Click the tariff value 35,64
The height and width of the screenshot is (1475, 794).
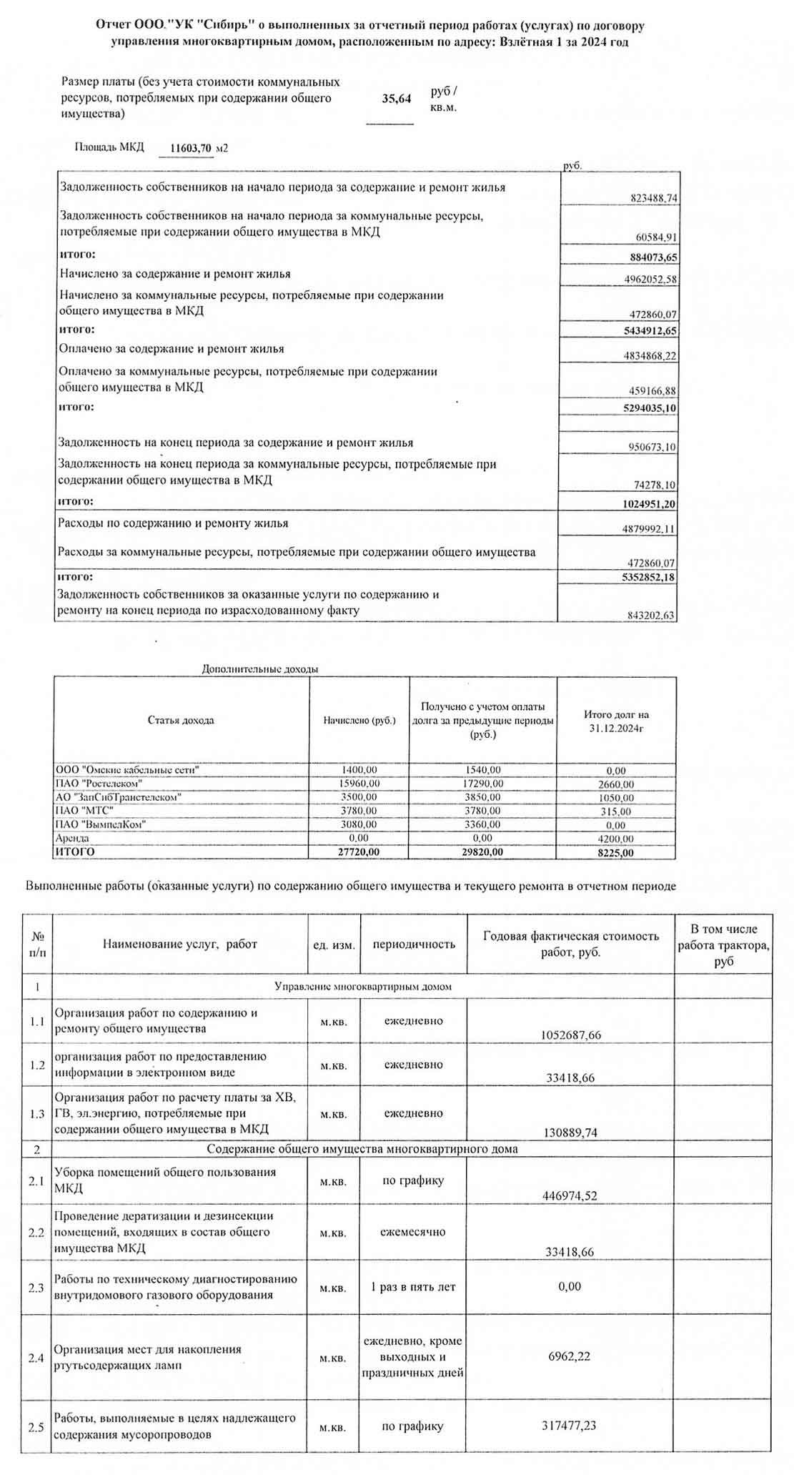[396, 99]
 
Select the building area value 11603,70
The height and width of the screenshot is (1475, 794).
[192, 149]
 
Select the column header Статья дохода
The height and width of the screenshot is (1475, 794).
[181, 720]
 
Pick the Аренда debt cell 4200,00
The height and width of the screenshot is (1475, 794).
[615, 839]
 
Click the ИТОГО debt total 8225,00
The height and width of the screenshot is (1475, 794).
[615, 853]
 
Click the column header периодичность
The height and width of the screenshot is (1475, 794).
[414, 944]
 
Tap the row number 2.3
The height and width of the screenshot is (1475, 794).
[36, 1288]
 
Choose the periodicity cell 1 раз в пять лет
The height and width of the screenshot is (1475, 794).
[413, 1287]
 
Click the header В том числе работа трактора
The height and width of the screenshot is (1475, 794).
[723, 944]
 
